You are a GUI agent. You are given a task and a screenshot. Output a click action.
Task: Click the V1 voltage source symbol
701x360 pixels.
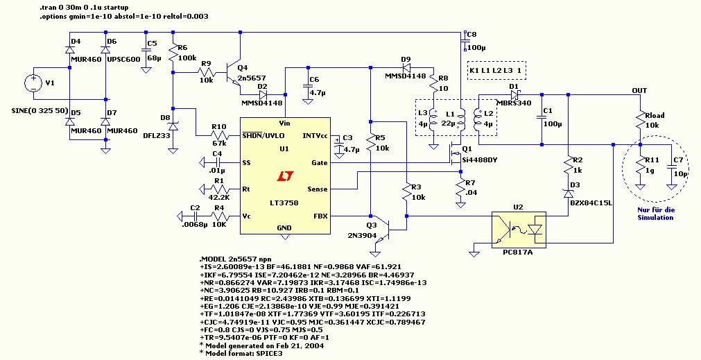pos(33,84)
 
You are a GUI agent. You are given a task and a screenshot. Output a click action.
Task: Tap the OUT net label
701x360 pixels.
pos(639,91)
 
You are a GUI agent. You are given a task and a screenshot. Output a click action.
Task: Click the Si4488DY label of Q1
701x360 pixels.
pos(479,160)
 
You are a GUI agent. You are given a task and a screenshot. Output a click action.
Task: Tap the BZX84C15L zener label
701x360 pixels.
pos(591,203)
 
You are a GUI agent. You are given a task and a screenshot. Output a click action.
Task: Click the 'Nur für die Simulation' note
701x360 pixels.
pos(655,213)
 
